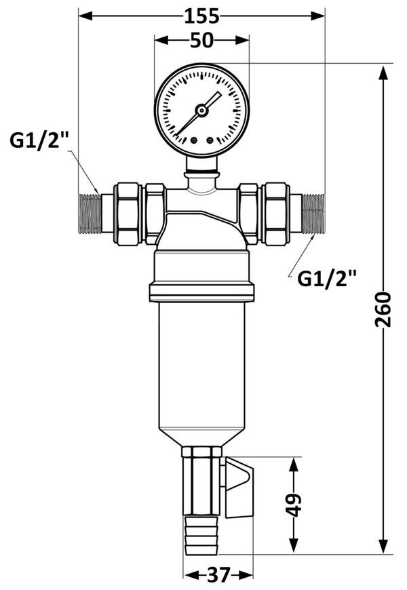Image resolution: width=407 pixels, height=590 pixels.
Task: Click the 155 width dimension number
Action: click(201, 16)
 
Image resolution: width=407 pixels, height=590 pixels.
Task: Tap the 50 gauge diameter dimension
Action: click(201, 40)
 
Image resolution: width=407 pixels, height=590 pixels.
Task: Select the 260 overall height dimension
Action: click(383, 309)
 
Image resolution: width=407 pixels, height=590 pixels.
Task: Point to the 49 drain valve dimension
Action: click(294, 505)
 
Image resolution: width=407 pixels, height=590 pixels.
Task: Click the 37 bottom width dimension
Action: click(218, 574)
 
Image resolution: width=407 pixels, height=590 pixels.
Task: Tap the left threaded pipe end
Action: click(90, 214)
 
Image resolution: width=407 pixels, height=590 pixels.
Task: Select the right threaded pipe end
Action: click(313, 214)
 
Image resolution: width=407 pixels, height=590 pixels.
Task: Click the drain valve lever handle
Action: click(239, 486)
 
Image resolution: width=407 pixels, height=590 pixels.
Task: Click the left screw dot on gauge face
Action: click(194, 140)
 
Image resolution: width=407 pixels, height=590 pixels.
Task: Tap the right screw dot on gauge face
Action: click(210, 140)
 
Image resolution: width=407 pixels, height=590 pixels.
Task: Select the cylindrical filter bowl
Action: click(202, 372)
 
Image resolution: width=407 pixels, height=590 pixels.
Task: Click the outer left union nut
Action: click(128, 214)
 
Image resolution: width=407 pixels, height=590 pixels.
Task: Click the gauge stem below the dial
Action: click(202, 164)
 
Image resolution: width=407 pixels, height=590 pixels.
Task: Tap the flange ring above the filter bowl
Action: click(202, 293)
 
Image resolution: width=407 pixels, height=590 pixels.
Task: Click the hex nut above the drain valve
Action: click(202, 452)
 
